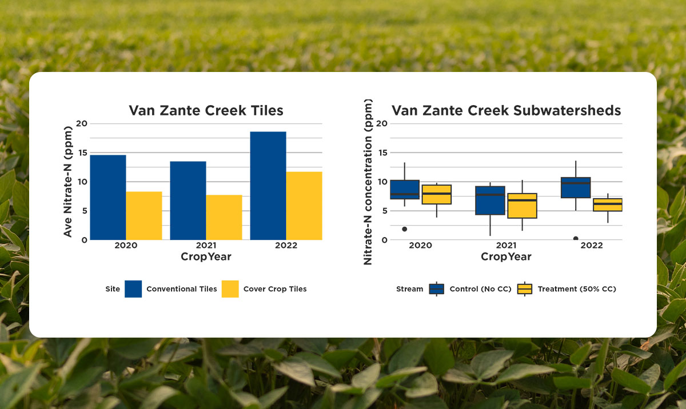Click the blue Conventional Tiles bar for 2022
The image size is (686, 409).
tap(268, 186)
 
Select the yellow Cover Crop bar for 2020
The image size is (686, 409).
tap(144, 215)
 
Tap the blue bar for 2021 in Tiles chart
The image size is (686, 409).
tap(188, 201)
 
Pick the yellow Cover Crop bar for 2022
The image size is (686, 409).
tap(304, 206)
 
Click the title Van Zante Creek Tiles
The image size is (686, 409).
tap(206, 110)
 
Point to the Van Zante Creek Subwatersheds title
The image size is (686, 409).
tap(506, 110)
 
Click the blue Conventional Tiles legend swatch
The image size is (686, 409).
tap(133, 289)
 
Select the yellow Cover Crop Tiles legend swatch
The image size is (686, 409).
tap(230, 289)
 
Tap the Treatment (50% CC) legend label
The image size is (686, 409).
tap(576, 289)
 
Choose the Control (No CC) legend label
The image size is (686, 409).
tap(480, 289)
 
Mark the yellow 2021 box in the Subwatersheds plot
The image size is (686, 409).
tap(522, 206)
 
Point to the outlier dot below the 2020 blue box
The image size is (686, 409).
tap(404, 229)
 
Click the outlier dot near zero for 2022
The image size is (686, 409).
tap(576, 239)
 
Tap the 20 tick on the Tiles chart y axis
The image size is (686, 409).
tap(81, 123)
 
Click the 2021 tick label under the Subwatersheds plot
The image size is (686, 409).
tap(506, 246)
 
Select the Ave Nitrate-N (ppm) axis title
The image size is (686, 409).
tap(68, 182)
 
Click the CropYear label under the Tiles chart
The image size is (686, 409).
tap(206, 257)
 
